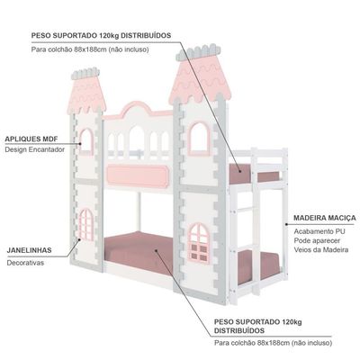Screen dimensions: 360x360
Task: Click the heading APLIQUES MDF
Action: (31, 139)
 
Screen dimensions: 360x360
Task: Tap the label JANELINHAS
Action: (29, 250)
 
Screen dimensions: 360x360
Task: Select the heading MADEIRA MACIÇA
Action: (325, 218)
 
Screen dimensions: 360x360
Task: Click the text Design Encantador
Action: (34, 149)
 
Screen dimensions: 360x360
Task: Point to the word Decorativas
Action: (25, 263)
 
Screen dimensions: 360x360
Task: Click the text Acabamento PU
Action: (319, 231)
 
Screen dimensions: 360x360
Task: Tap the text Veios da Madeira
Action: (321, 250)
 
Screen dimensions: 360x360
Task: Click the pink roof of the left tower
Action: (86, 94)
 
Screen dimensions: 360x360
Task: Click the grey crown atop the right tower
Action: (198, 52)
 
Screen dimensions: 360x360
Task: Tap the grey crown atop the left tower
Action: (85, 74)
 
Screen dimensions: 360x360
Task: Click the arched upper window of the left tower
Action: (86, 142)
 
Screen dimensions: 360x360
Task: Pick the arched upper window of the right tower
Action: (199, 139)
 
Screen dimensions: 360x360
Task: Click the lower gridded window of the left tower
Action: (86, 225)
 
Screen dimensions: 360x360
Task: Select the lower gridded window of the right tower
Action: (199, 243)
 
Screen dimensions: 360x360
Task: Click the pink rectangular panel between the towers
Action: (138, 175)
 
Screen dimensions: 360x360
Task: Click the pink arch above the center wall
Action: (139, 110)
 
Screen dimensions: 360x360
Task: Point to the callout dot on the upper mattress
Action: (240, 172)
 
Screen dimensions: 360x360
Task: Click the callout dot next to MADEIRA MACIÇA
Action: (286, 224)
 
